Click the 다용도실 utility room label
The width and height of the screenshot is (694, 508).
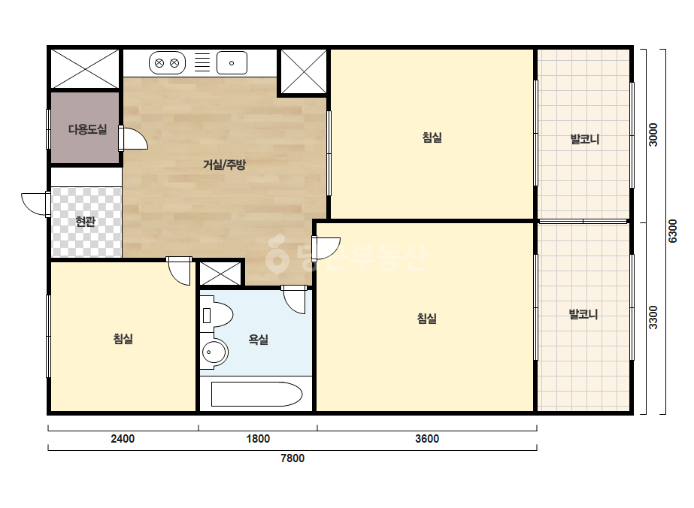(88, 130)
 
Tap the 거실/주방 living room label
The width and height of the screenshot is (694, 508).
(224, 165)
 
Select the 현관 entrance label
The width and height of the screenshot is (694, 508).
(86, 221)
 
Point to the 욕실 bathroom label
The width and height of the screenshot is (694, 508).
(259, 340)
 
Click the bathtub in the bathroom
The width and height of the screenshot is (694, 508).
(256, 394)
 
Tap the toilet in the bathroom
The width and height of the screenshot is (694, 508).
(217, 315)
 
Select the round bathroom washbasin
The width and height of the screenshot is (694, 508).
(214, 352)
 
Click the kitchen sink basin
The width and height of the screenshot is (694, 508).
(232, 63)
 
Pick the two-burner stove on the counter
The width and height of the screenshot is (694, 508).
(168, 63)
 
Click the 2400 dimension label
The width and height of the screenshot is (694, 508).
(123, 439)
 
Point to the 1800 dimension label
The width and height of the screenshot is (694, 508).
(258, 439)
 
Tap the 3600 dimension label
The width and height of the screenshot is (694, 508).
(427, 439)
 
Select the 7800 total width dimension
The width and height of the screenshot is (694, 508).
(292, 458)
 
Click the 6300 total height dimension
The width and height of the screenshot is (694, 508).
(672, 231)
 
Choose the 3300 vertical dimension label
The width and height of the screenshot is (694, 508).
(653, 317)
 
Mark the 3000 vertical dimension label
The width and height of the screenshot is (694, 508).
(653, 135)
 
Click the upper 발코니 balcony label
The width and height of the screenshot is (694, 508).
(585, 139)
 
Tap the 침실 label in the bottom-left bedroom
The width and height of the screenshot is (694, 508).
(123, 339)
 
